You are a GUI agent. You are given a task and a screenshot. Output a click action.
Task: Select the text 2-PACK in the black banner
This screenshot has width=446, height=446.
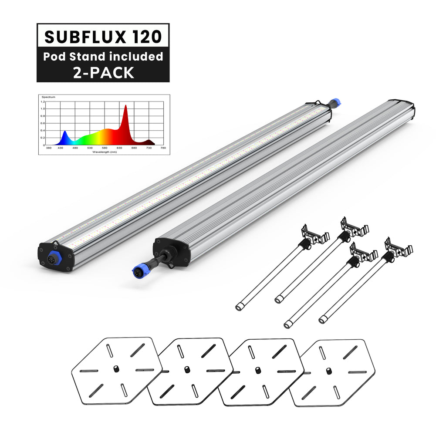(103, 72)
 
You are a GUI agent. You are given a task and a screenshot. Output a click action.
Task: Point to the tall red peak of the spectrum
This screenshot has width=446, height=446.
(126, 109)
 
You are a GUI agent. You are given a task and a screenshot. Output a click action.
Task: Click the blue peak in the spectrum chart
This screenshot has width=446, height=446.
(65, 132)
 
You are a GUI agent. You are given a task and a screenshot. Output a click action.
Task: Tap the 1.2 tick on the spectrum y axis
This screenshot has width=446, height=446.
(43, 102)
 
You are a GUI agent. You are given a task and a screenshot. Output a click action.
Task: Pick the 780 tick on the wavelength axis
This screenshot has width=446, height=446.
(163, 148)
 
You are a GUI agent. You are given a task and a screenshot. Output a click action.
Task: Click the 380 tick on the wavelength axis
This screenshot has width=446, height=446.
(48, 148)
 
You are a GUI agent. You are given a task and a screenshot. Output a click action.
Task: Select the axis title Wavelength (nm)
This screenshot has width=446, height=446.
(104, 152)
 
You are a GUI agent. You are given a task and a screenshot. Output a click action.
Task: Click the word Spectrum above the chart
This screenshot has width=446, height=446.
(48, 97)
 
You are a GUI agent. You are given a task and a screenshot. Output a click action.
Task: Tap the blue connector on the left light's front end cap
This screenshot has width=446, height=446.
(54, 258)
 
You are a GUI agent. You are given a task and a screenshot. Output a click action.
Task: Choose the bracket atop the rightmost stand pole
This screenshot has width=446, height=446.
(398, 248)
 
